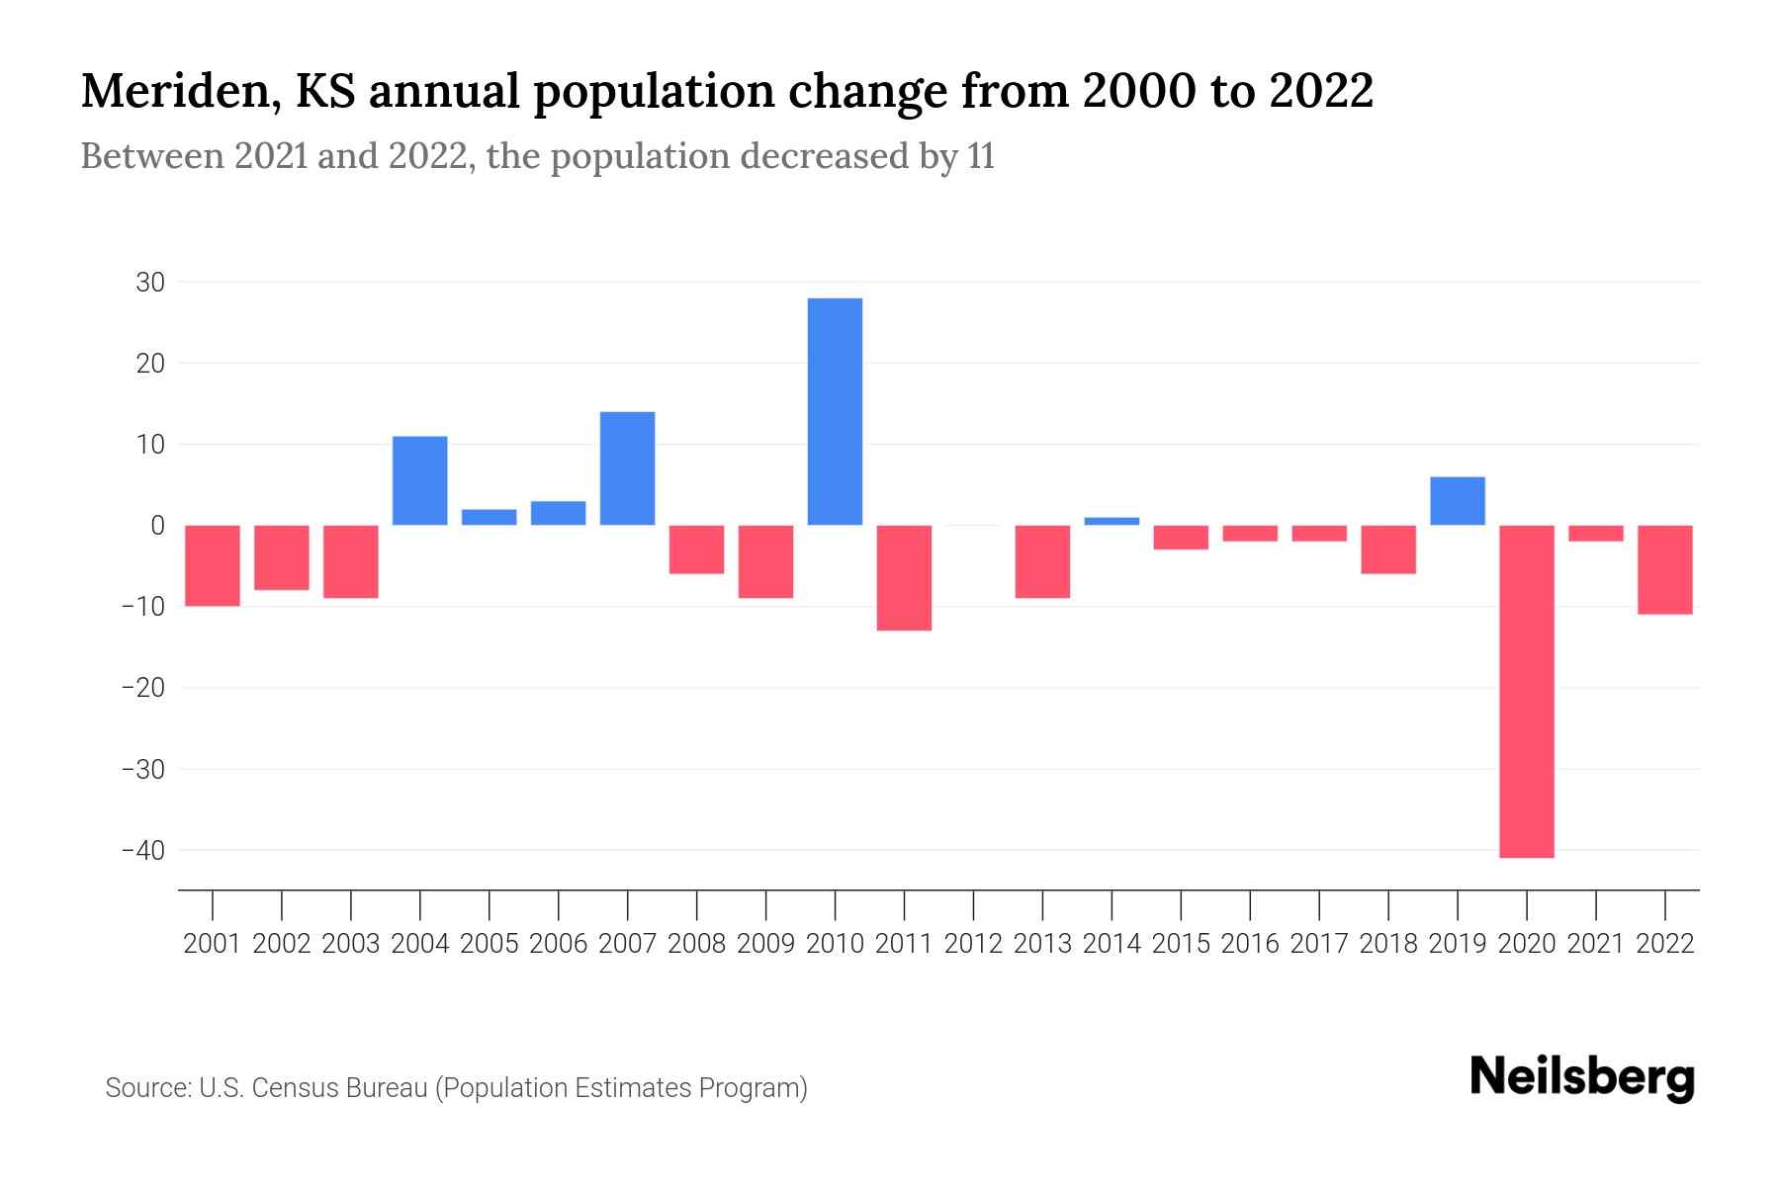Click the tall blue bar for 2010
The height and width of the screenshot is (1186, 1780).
[x=835, y=411]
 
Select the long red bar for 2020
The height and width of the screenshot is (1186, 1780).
[x=1526, y=692]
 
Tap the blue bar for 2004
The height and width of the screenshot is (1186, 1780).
[x=419, y=480]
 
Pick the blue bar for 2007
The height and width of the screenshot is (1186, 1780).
[x=627, y=468]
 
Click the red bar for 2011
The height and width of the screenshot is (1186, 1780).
[x=904, y=578]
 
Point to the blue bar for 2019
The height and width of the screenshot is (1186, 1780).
[x=1457, y=501]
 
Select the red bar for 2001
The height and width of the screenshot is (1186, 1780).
[x=213, y=565]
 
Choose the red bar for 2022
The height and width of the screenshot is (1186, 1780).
[x=1664, y=570]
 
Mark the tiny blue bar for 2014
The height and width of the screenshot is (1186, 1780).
[x=1112, y=521]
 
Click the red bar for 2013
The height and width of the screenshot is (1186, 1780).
[x=1042, y=561]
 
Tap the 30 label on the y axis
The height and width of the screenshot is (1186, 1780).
[x=150, y=283]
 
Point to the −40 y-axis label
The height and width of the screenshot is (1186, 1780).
[x=142, y=850]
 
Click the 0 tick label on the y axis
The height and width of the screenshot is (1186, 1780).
[x=157, y=526]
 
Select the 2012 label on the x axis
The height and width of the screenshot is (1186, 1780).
[x=973, y=944]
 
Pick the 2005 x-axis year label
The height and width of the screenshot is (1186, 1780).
[x=489, y=944]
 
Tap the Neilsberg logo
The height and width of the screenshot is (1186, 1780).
[x=1582, y=1078]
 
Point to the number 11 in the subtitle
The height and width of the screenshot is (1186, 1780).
[x=981, y=157]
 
